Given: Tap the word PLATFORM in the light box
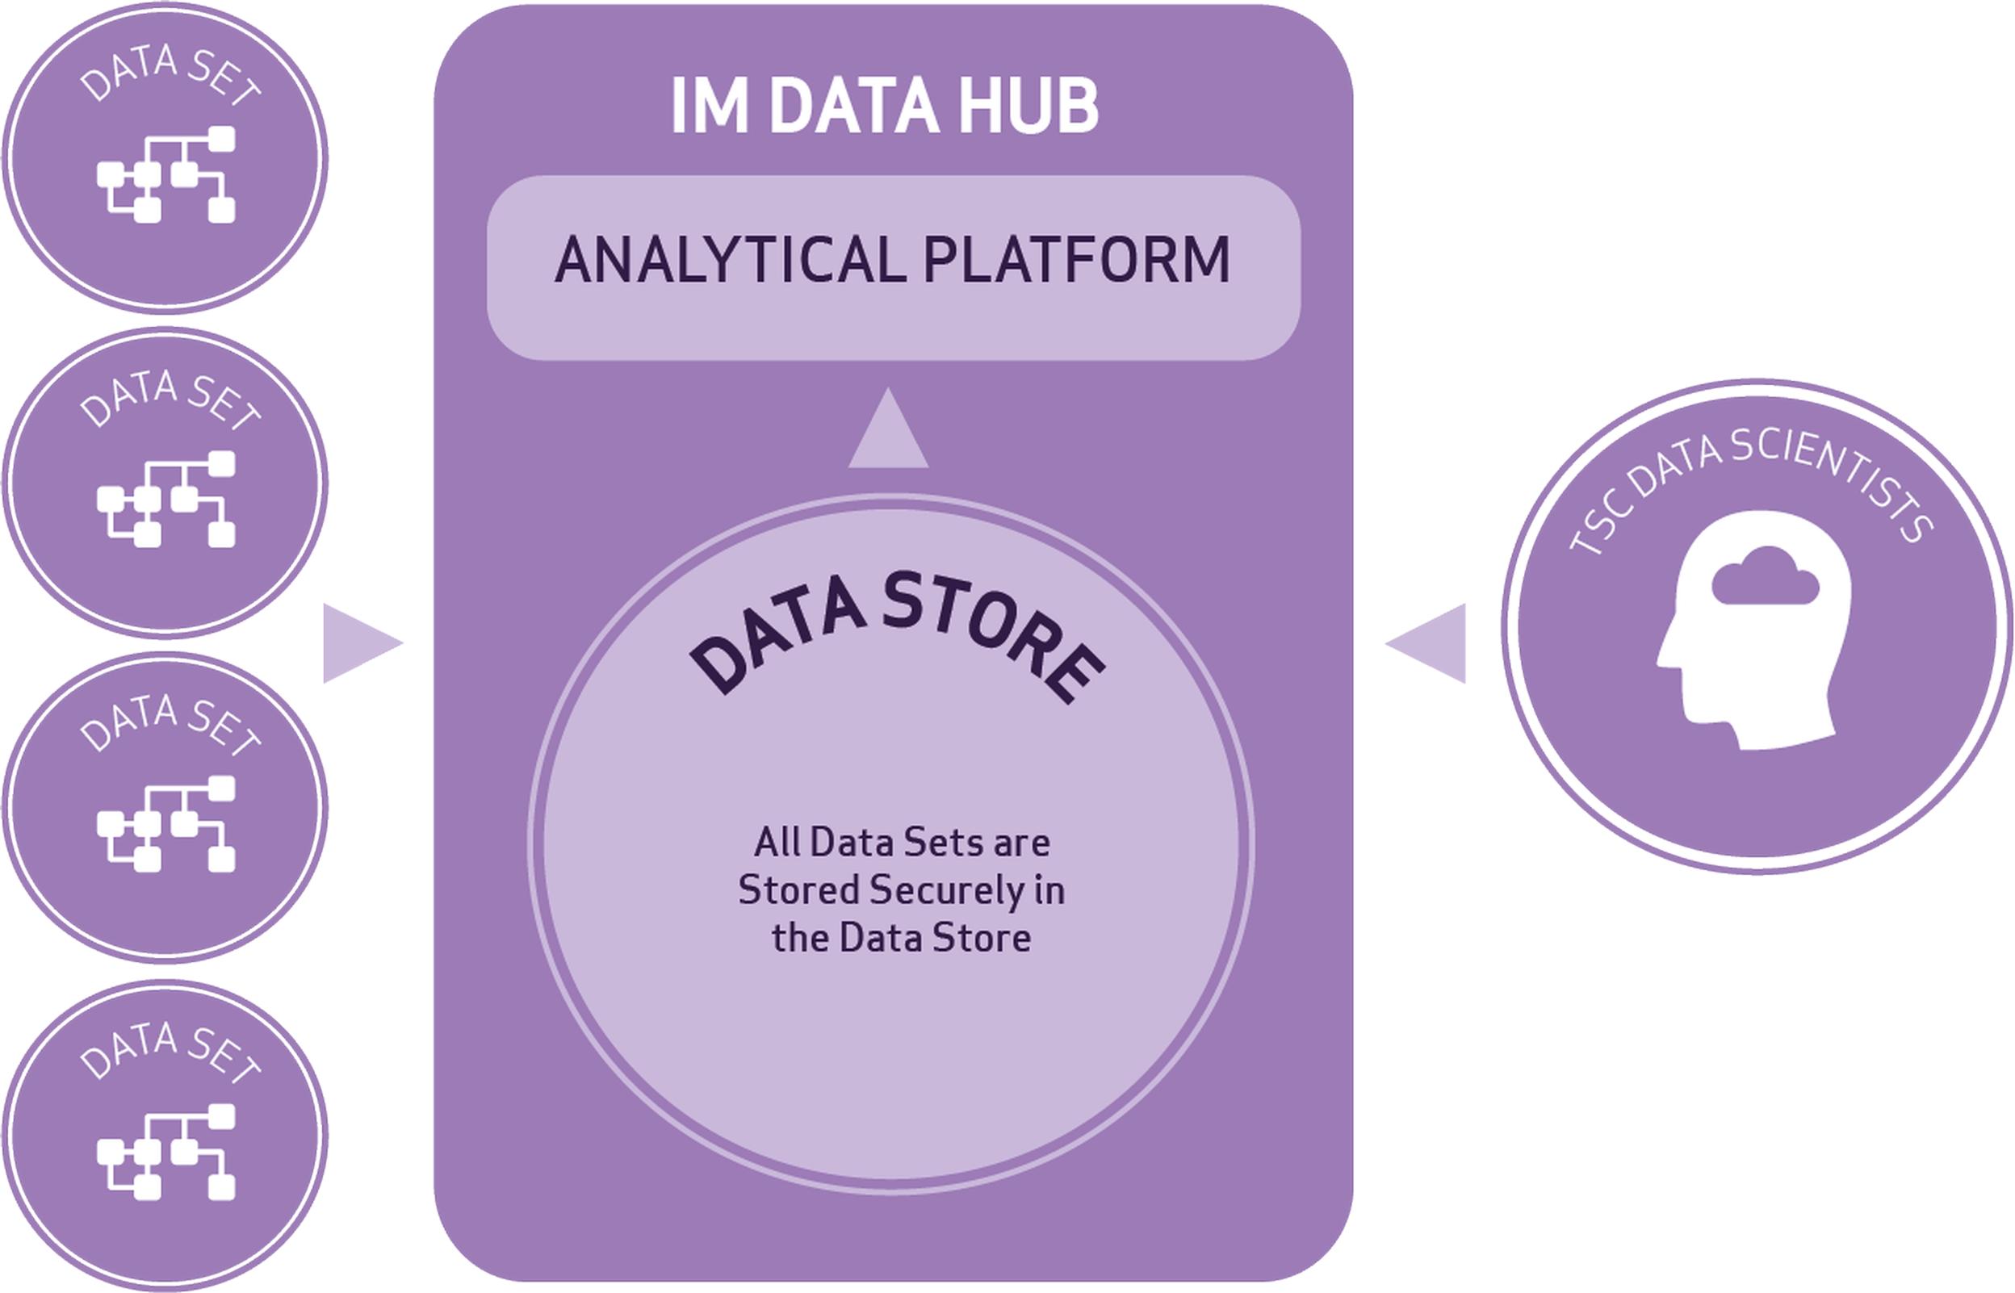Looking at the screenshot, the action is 1077,259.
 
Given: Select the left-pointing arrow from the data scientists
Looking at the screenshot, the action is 1426,643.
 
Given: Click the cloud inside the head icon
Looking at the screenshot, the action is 1765,576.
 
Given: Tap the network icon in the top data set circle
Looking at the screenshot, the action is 166,174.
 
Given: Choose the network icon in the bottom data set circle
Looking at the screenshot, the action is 166,1152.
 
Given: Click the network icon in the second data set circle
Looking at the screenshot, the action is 166,500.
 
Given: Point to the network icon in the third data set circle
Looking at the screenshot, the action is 166,825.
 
